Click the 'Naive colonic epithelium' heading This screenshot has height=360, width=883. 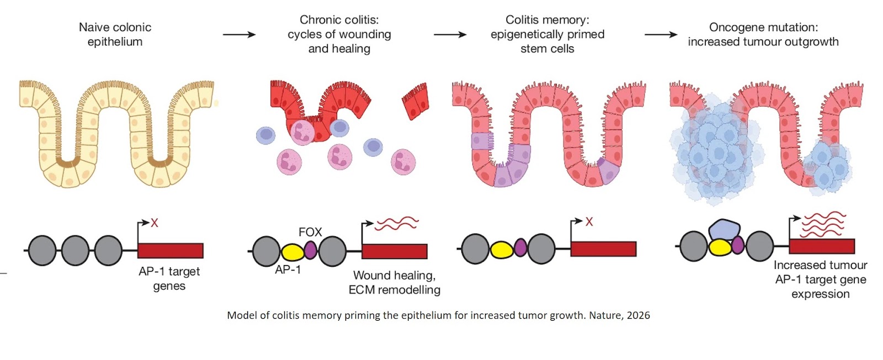(x=115, y=34)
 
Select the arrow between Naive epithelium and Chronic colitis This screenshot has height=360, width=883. (x=239, y=34)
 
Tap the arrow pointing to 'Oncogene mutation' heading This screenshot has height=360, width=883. (x=661, y=34)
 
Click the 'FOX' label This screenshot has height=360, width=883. (x=310, y=232)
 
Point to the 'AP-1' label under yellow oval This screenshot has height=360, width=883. (x=288, y=270)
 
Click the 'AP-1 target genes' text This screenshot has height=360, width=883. (x=169, y=278)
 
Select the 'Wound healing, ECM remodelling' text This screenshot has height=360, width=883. (x=394, y=282)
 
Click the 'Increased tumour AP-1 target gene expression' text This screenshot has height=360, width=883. (x=820, y=279)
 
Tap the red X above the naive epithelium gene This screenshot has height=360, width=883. (x=155, y=223)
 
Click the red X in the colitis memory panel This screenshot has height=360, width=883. (x=589, y=221)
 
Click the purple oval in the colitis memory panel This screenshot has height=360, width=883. (x=520, y=248)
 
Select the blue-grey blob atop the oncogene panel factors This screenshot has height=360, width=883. (x=724, y=229)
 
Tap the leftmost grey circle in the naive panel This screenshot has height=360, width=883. (x=42, y=251)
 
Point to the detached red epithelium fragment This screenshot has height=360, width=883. (x=416, y=101)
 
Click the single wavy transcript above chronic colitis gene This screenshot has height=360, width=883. (x=396, y=223)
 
